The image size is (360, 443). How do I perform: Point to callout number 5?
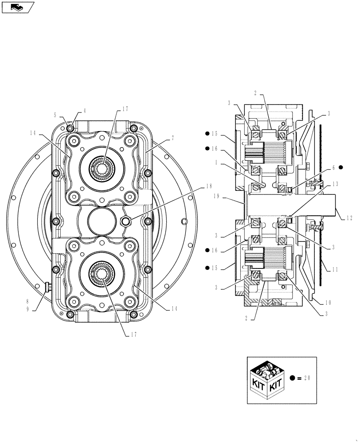pos(55,115)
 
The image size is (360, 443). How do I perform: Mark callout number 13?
pos(335,183)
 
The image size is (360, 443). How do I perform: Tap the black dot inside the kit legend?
pos(292,378)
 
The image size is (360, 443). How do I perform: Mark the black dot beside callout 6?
pos(340,167)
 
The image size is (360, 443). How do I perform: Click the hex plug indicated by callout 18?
pos(126,221)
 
